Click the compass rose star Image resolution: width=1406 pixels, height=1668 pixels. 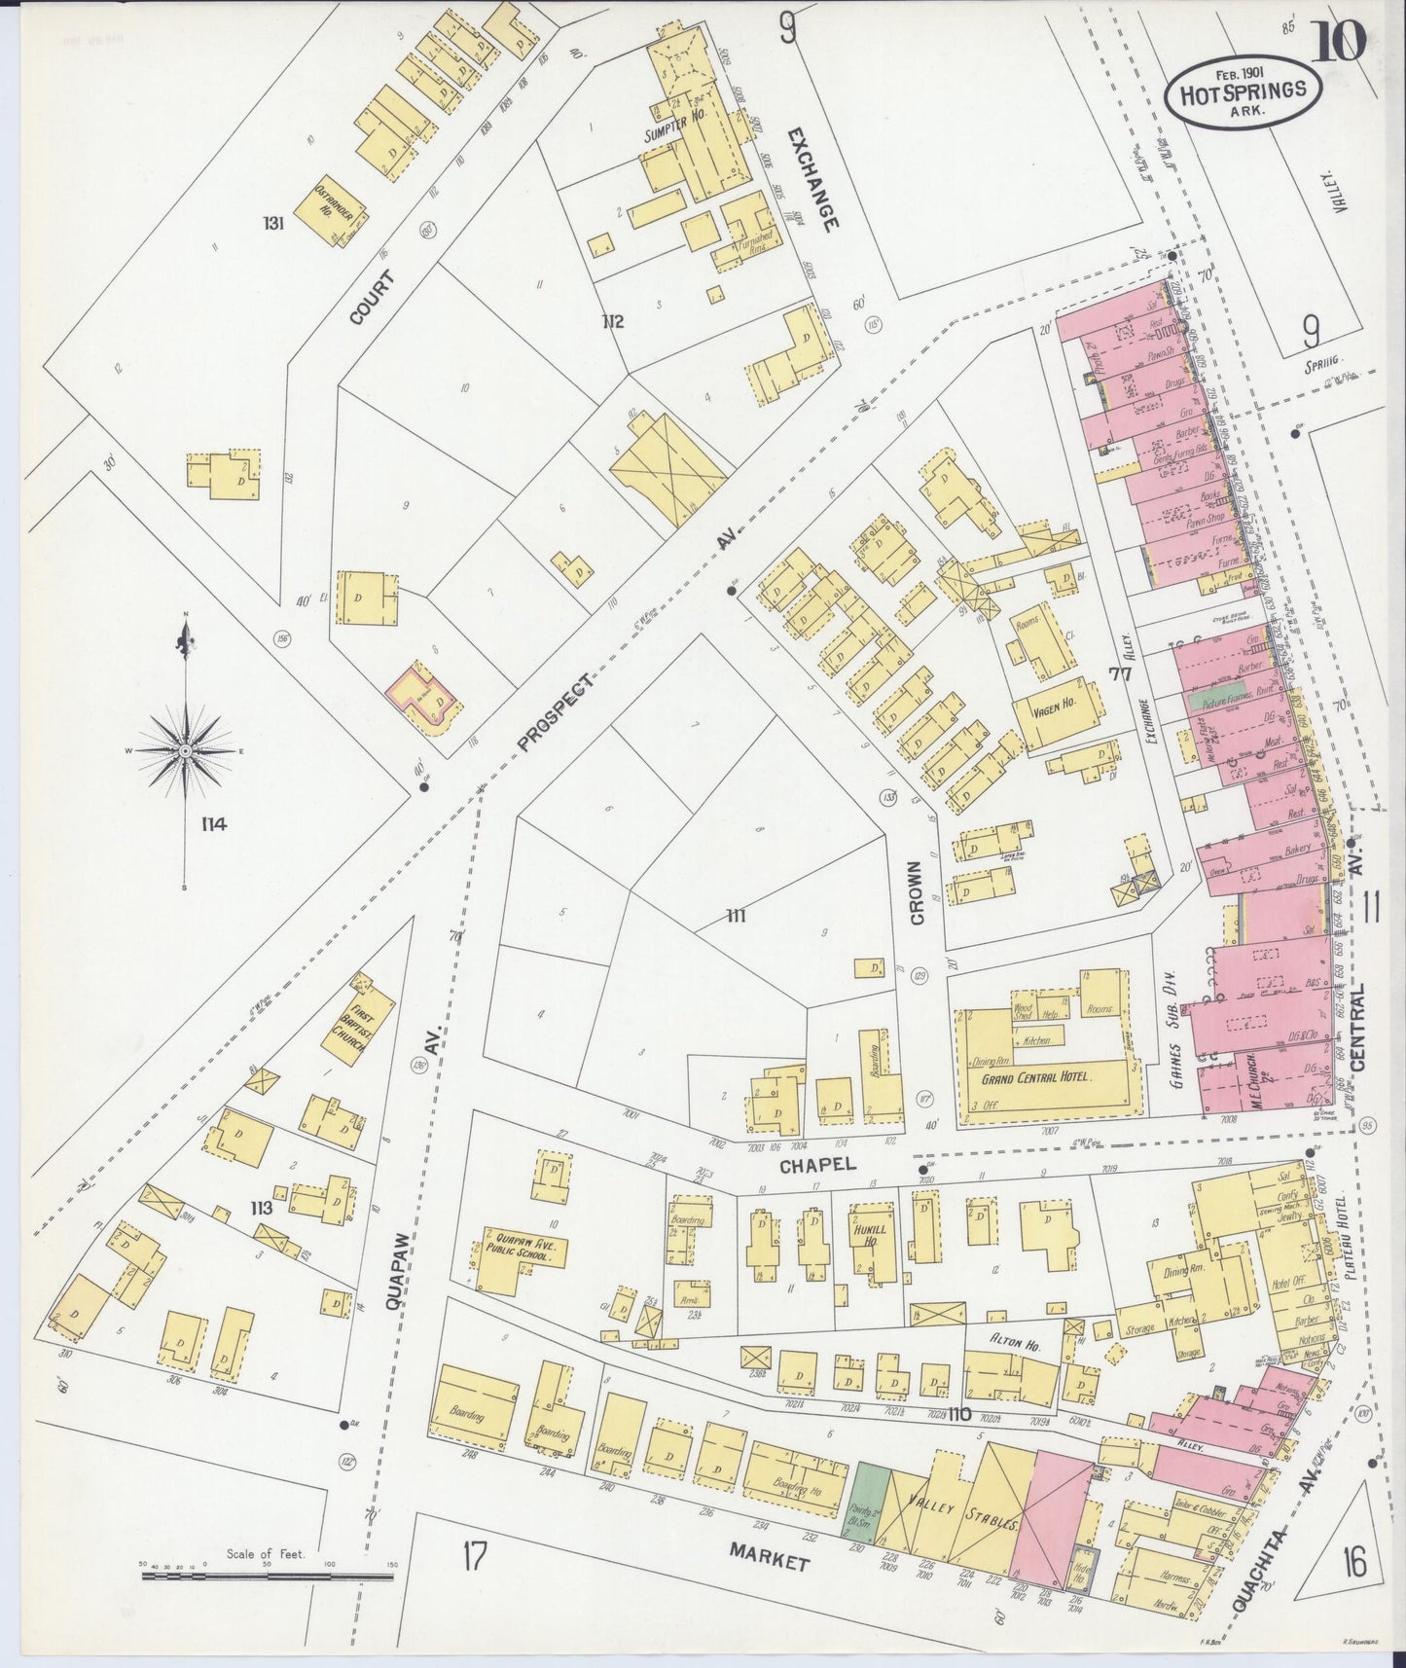pyautogui.click(x=185, y=752)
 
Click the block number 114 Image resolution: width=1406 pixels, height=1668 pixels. pyautogui.click(x=213, y=824)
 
